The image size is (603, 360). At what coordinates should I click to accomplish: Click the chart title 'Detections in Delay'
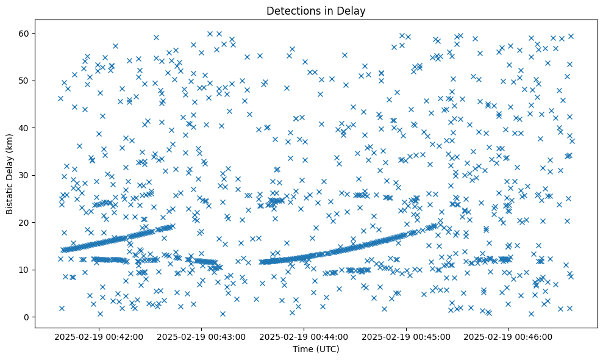(316, 10)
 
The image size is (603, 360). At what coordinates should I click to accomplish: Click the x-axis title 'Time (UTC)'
(316, 350)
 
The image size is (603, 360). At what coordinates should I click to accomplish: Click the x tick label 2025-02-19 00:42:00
(99, 336)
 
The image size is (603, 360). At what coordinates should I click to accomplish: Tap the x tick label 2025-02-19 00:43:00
(201, 336)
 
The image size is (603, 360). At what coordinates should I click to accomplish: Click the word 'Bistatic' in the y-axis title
(10, 194)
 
